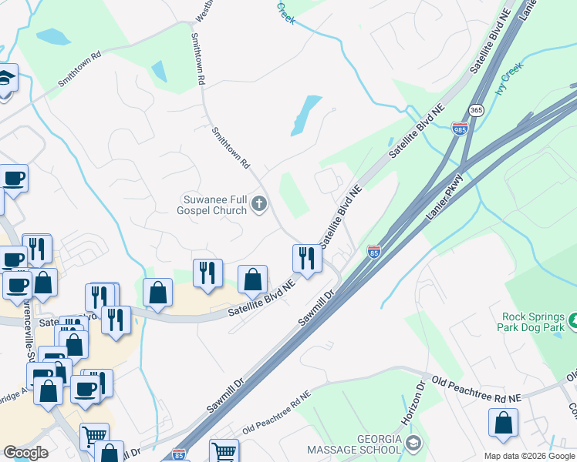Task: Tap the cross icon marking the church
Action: pyautogui.click(x=259, y=204)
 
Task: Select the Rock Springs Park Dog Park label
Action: pyautogui.click(x=532, y=322)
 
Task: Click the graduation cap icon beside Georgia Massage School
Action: pyautogui.click(x=414, y=443)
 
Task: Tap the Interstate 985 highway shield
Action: pyautogui.click(x=460, y=130)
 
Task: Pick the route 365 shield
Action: pyautogui.click(x=476, y=110)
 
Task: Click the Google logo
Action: pyautogui.click(x=25, y=453)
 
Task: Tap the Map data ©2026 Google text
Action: pyautogui.click(x=529, y=456)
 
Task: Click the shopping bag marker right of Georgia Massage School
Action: pyautogui.click(x=503, y=423)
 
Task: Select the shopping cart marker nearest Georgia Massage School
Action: pyautogui.click(x=224, y=451)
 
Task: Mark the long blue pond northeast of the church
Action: pyautogui.click(x=306, y=115)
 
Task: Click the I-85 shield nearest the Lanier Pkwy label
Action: pyautogui.click(x=374, y=251)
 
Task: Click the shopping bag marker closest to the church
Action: pyautogui.click(x=252, y=279)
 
